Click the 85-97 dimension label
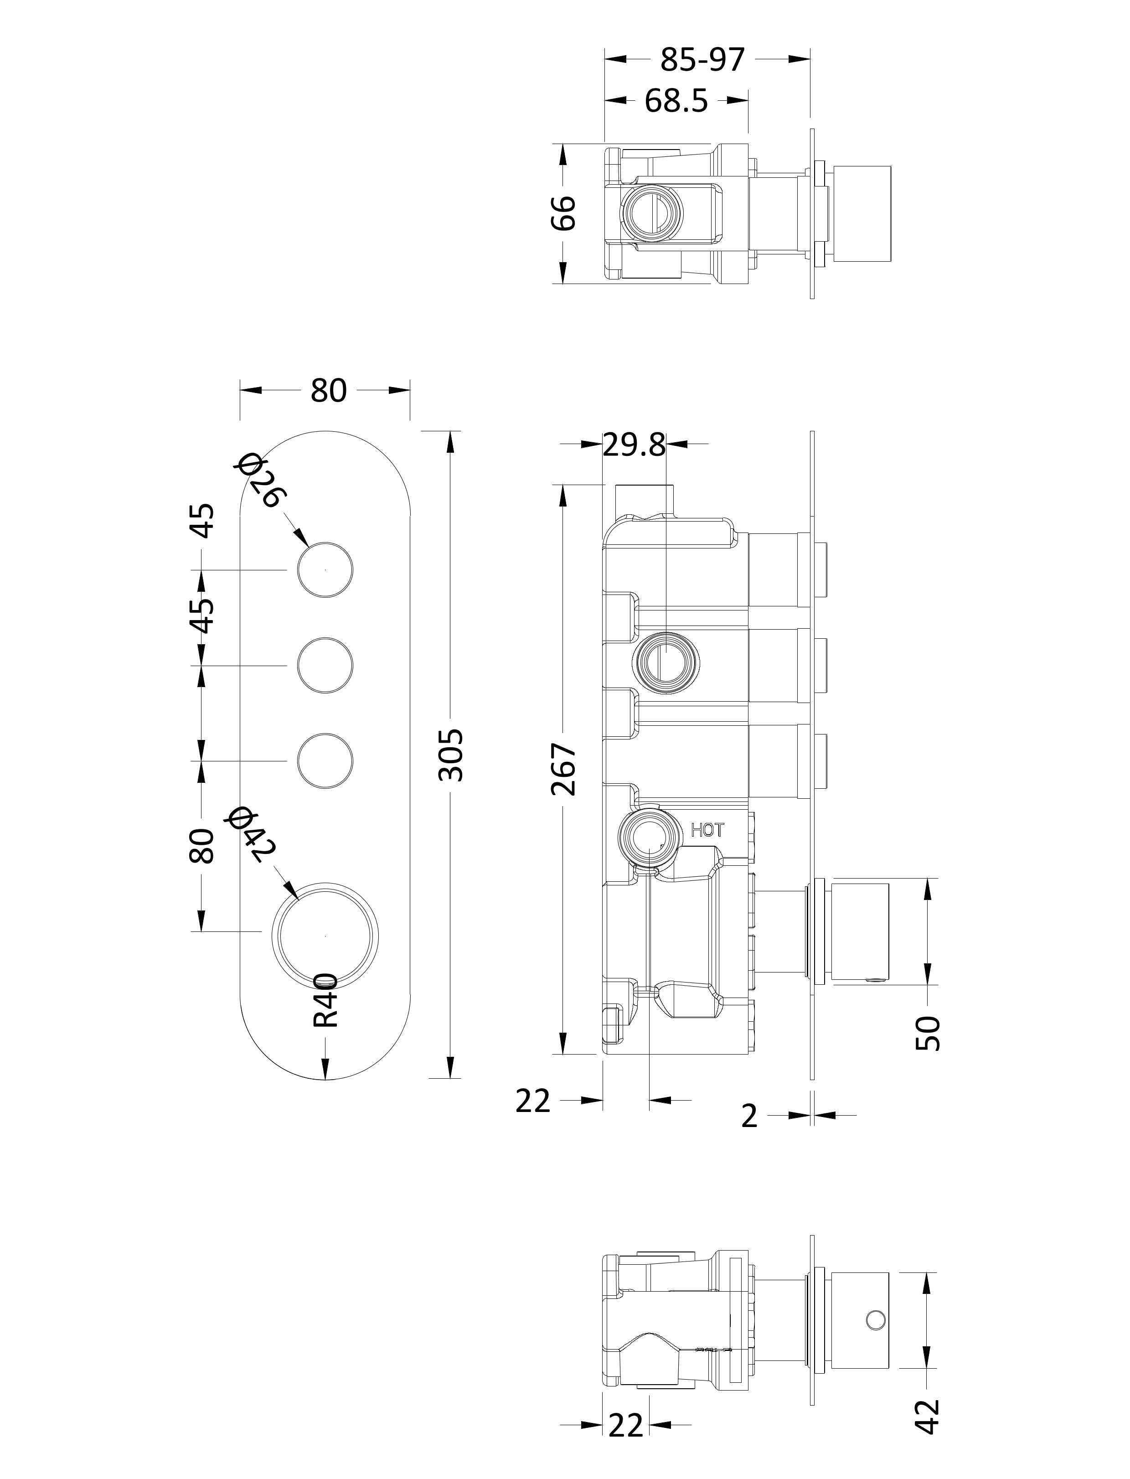pyautogui.click(x=702, y=60)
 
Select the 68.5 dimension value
pyautogui.click(x=676, y=101)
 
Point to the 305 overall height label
pyautogui.click(x=451, y=754)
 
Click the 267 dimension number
pyautogui.click(x=564, y=769)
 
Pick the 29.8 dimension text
pyautogui.click(x=634, y=445)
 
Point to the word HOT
pyautogui.click(x=707, y=830)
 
